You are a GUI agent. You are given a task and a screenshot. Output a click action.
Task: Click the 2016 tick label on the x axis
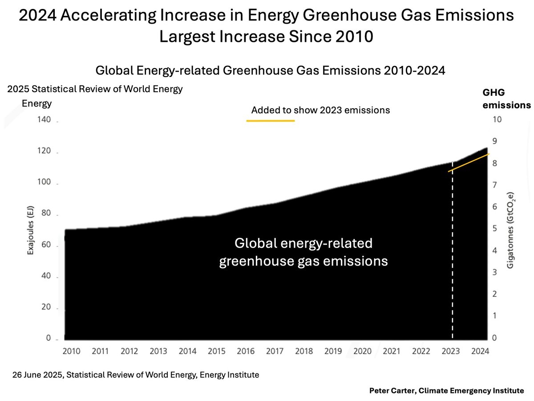245,351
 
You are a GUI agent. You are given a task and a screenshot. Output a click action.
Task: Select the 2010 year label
71,351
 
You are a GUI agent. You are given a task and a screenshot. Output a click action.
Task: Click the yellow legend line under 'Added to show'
271,121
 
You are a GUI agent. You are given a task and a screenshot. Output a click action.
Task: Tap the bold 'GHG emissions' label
506,99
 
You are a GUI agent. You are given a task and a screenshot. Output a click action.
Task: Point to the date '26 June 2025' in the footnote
39,375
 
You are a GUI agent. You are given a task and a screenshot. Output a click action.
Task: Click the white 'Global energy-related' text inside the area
303,244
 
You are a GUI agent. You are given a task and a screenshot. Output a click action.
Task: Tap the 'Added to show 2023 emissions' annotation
320,110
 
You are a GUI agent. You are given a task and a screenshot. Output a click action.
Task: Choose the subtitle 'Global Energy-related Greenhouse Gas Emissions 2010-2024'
270,71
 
